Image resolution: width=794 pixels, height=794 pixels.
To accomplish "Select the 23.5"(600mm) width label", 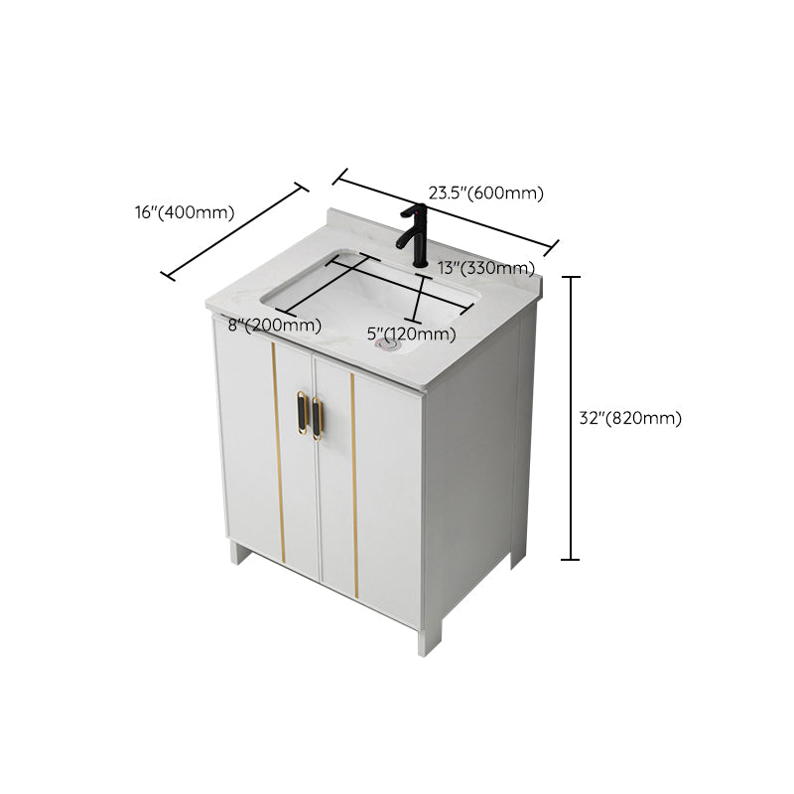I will point(486,194).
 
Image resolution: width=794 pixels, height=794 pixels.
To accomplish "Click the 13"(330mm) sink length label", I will point(486,268).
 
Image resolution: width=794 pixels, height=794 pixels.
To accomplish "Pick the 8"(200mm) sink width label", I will point(275,326).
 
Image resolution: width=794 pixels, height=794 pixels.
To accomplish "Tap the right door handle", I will point(318,418).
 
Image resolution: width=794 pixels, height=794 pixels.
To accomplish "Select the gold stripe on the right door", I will point(354,486).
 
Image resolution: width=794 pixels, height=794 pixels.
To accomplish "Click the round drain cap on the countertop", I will point(387,345).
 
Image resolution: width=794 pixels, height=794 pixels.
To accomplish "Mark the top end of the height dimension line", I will point(571,278).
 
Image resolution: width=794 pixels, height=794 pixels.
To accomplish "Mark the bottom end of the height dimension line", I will point(571,560).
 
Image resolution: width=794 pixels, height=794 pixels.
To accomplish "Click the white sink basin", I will point(367,293).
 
